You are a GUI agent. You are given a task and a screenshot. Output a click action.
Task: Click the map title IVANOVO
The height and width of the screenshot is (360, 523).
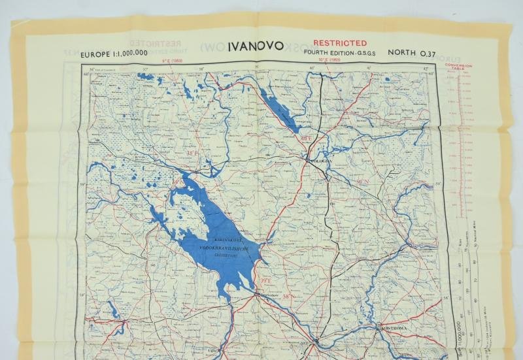coord(256,46)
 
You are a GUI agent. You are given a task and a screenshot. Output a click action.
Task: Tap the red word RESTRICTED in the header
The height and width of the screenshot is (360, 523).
coord(339,43)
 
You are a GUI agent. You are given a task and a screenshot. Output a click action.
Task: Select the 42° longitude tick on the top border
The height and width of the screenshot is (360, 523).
coord(426,67)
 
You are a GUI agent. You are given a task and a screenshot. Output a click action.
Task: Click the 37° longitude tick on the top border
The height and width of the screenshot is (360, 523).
coord(146,67)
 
